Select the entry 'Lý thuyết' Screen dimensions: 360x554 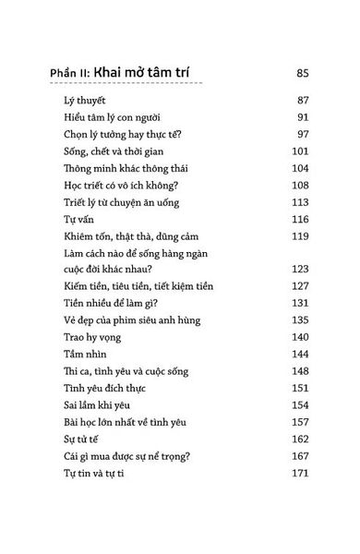point(78,118)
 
